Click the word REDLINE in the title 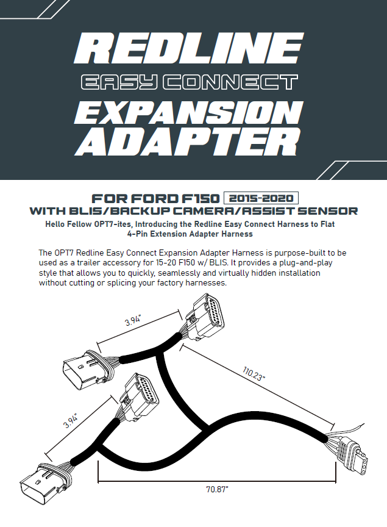point(189,48)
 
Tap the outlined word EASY point(118,82)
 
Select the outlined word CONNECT point(231,82)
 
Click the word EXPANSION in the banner point(189,113)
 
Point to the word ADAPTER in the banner point(189,143)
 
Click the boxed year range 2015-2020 point(261,198)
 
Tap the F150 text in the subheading point(201,199)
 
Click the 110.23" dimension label point(254,374)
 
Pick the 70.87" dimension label point(217,489)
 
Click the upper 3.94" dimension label point(133,320)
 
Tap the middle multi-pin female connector point(140,396)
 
